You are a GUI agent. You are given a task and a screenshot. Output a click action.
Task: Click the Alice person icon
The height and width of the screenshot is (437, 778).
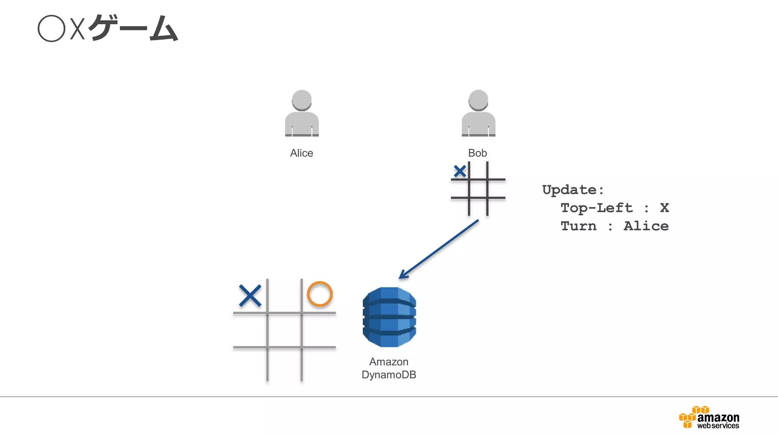click(x=302, y=113)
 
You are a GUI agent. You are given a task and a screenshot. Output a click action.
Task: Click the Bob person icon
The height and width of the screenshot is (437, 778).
click(x=478, y=113)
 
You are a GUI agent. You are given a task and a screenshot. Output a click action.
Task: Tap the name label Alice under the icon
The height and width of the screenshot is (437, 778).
click(x=302, y=153)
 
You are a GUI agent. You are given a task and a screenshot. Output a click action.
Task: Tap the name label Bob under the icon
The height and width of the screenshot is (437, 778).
click(x=478, y=153)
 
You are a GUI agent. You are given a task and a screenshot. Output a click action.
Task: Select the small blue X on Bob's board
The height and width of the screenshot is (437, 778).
click(x=460, y=171)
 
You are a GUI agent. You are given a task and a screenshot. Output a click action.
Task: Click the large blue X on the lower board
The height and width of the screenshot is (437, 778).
click(x=250, y=296)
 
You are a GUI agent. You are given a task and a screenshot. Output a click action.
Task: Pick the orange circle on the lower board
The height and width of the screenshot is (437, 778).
click(x=319, y=294)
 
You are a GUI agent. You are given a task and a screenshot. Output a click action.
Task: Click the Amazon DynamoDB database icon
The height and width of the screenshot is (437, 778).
click(x=389, y=317)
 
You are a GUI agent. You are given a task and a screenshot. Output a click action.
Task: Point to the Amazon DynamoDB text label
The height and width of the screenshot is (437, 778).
click(x=389, y=368)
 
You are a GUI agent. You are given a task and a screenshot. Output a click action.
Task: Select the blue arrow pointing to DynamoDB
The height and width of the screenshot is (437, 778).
click(x=439, y=250)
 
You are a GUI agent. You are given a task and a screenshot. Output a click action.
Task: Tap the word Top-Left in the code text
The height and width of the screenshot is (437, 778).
click(x=597, y=208)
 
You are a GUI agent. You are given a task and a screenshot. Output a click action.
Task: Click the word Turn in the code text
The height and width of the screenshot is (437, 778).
click(x=579, y=226)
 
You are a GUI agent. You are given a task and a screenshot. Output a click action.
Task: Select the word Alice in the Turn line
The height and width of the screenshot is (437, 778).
click(x=646, y=226)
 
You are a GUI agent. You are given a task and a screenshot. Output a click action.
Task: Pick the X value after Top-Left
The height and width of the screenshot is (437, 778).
click(x=664, y=208)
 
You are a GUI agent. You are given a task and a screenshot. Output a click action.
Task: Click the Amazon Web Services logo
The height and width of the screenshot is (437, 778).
click(x=709, y=418)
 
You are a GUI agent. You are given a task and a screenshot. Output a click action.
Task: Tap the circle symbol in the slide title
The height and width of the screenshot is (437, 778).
click(x=52, y=28)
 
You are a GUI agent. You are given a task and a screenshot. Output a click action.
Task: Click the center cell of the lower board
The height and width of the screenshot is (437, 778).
click(x=285, y=330)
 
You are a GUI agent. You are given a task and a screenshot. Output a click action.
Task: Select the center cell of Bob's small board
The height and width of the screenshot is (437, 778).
click(x=478, y=189)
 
